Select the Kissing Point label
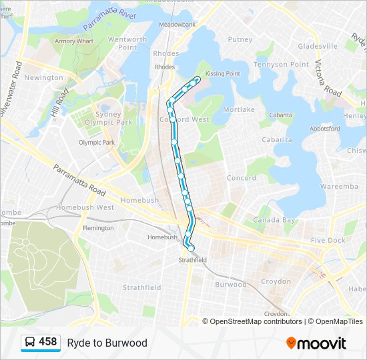tap(223, 73)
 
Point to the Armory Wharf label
tap(73, 41)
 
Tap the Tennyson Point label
tap(280, 65)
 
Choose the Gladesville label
tap(318, 46)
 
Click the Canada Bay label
tap(274, 220)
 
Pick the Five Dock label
tap(328, 240)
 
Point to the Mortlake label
tap(238, 109)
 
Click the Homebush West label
tap(85, 207)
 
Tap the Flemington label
tap(98, 228)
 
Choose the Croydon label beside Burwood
tap(276, 281)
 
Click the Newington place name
tap(43, 78)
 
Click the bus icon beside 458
tap(29, 343)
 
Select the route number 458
tap(47, 342)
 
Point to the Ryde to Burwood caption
tap(107, 343)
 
